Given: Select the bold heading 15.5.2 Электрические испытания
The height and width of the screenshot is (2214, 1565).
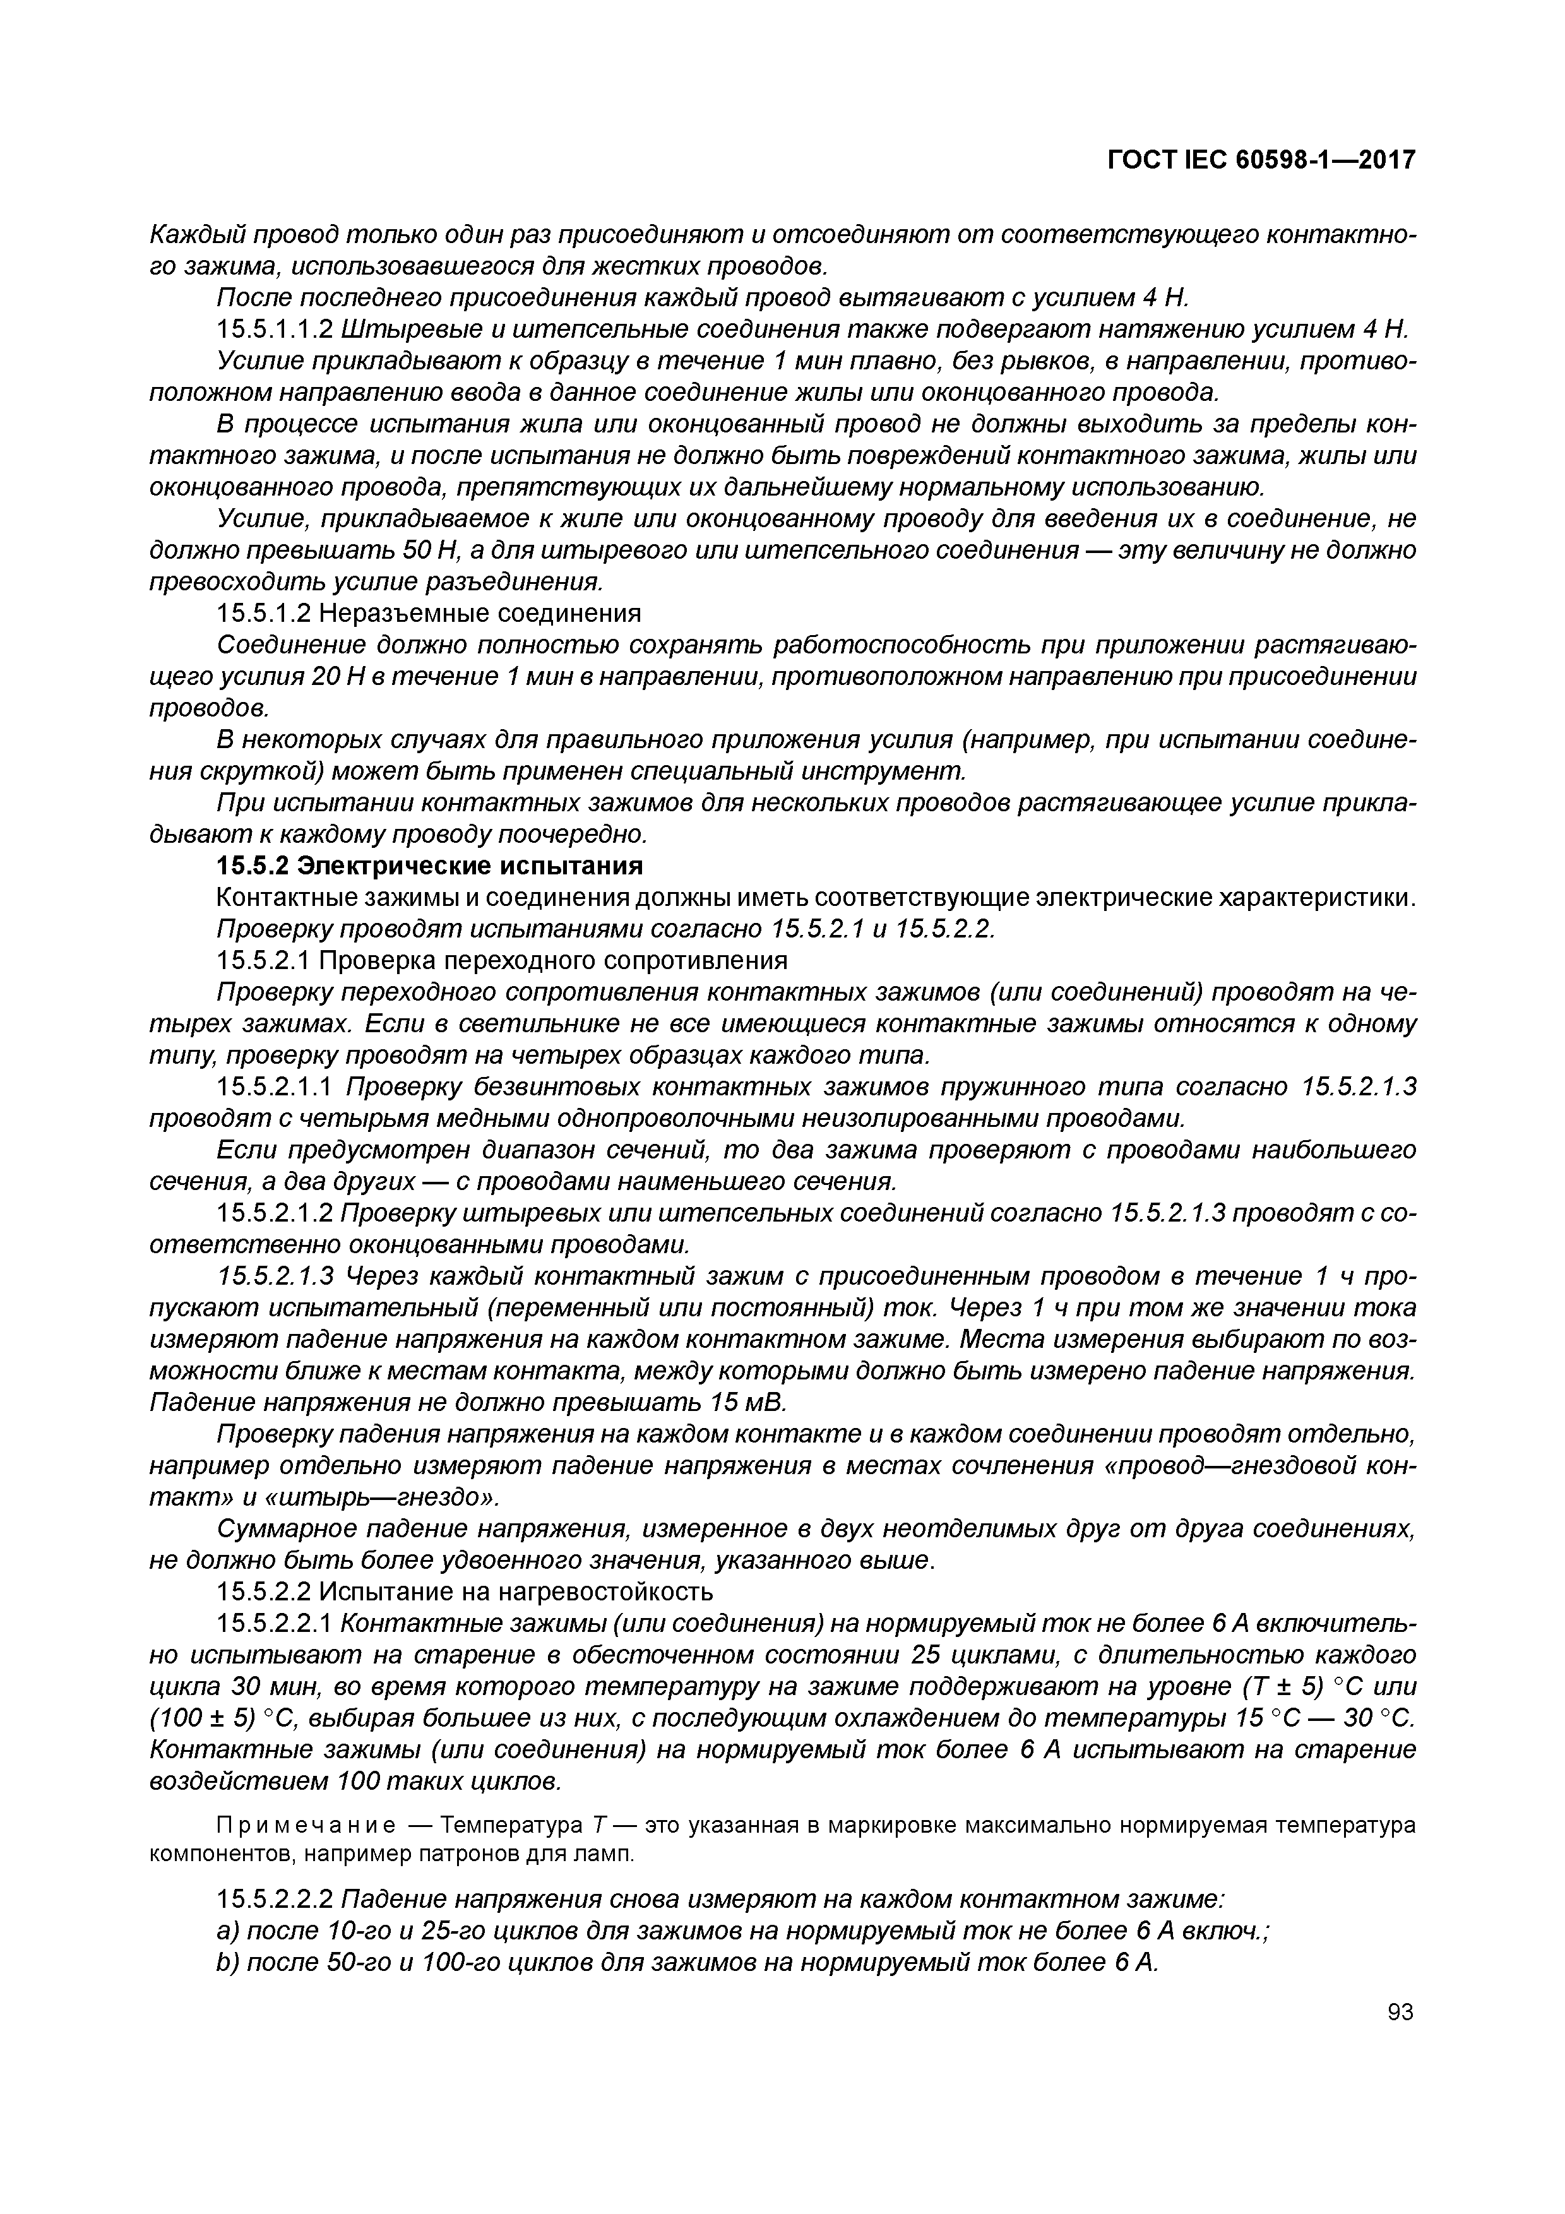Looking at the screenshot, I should [429, 865].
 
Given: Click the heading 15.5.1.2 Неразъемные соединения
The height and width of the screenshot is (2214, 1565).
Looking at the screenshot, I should [429, 613].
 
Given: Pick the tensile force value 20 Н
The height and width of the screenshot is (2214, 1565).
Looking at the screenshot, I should [336, 677].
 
